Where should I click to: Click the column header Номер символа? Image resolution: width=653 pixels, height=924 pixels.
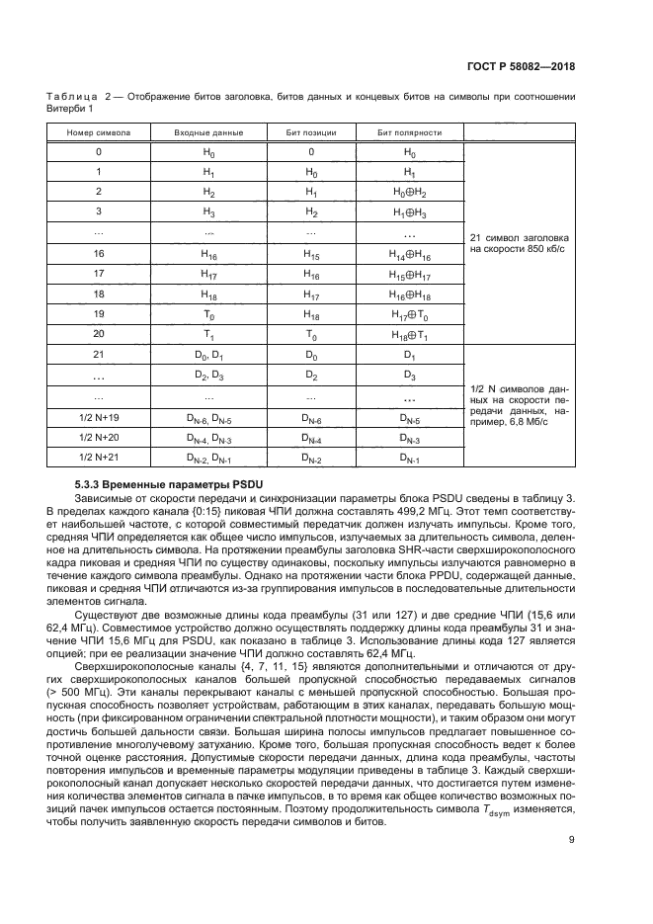99,131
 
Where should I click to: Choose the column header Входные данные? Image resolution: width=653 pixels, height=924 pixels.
208,131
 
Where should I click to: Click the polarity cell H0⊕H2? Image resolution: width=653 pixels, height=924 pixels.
410,192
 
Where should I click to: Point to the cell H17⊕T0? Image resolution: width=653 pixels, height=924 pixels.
410,315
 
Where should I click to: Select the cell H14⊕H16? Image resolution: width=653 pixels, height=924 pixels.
410,254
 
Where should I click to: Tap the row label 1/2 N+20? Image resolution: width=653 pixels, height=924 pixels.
99,437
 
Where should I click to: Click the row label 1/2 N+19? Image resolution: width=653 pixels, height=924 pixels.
99,417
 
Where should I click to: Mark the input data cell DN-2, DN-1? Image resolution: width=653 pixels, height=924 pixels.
208,458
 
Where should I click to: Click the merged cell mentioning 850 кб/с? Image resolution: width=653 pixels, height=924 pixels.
519,243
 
